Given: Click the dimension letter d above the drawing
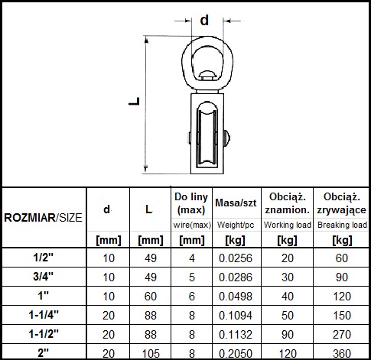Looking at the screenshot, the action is point(204,20).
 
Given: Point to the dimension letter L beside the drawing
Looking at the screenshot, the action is point(135,101).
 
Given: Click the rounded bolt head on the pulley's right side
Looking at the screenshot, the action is point(226,138).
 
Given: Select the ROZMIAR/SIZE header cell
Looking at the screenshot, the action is point(44,218).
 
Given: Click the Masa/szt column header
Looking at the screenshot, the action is point(236,203).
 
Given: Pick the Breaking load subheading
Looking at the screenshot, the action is point(342,225).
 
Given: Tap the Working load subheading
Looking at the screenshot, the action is point(288,225).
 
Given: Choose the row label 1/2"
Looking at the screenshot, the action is point(44,258).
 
